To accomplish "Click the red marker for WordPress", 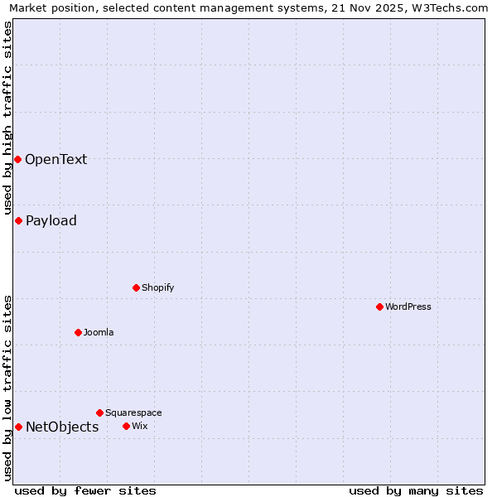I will pyautogui.click(x=379, y=306).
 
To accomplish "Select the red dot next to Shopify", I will pyautogui.click(x=136, y=287).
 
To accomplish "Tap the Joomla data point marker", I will pyautogui.click(x=78, y=332).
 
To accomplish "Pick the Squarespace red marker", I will pyautogui.click(x=99, y=413).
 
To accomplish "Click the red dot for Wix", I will pyautogui.click(x=126, y=426).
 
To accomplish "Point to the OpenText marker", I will pyautogui.click(x=17, y=159).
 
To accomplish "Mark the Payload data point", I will pyautogui.click(x=18, y=220).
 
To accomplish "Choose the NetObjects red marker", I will pyautogui.click(x=18, y=427).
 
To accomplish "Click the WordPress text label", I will pyautogui.click(x=408, y=306).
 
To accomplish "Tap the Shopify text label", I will pyautogui.click(x=157, y=287).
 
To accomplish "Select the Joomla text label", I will pyautogui.click(x=99, y=332).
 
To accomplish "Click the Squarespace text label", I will pyautogui.click(x=133, y=413).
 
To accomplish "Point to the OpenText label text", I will pyautogui.click(x=55, y=160).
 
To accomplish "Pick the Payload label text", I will pyautogui.click(x=51, y=220).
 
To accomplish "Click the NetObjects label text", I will pyautogui.click(x=62, y=427).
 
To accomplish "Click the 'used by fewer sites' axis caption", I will pyautogui.click(x=85, y=490).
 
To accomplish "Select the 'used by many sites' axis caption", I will pyautogui.click(x=416, y=490).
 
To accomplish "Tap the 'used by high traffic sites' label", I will pyautogui.click(x=7, y=118).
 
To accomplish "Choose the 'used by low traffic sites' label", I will pyautogui.click(x=7, y=387).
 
